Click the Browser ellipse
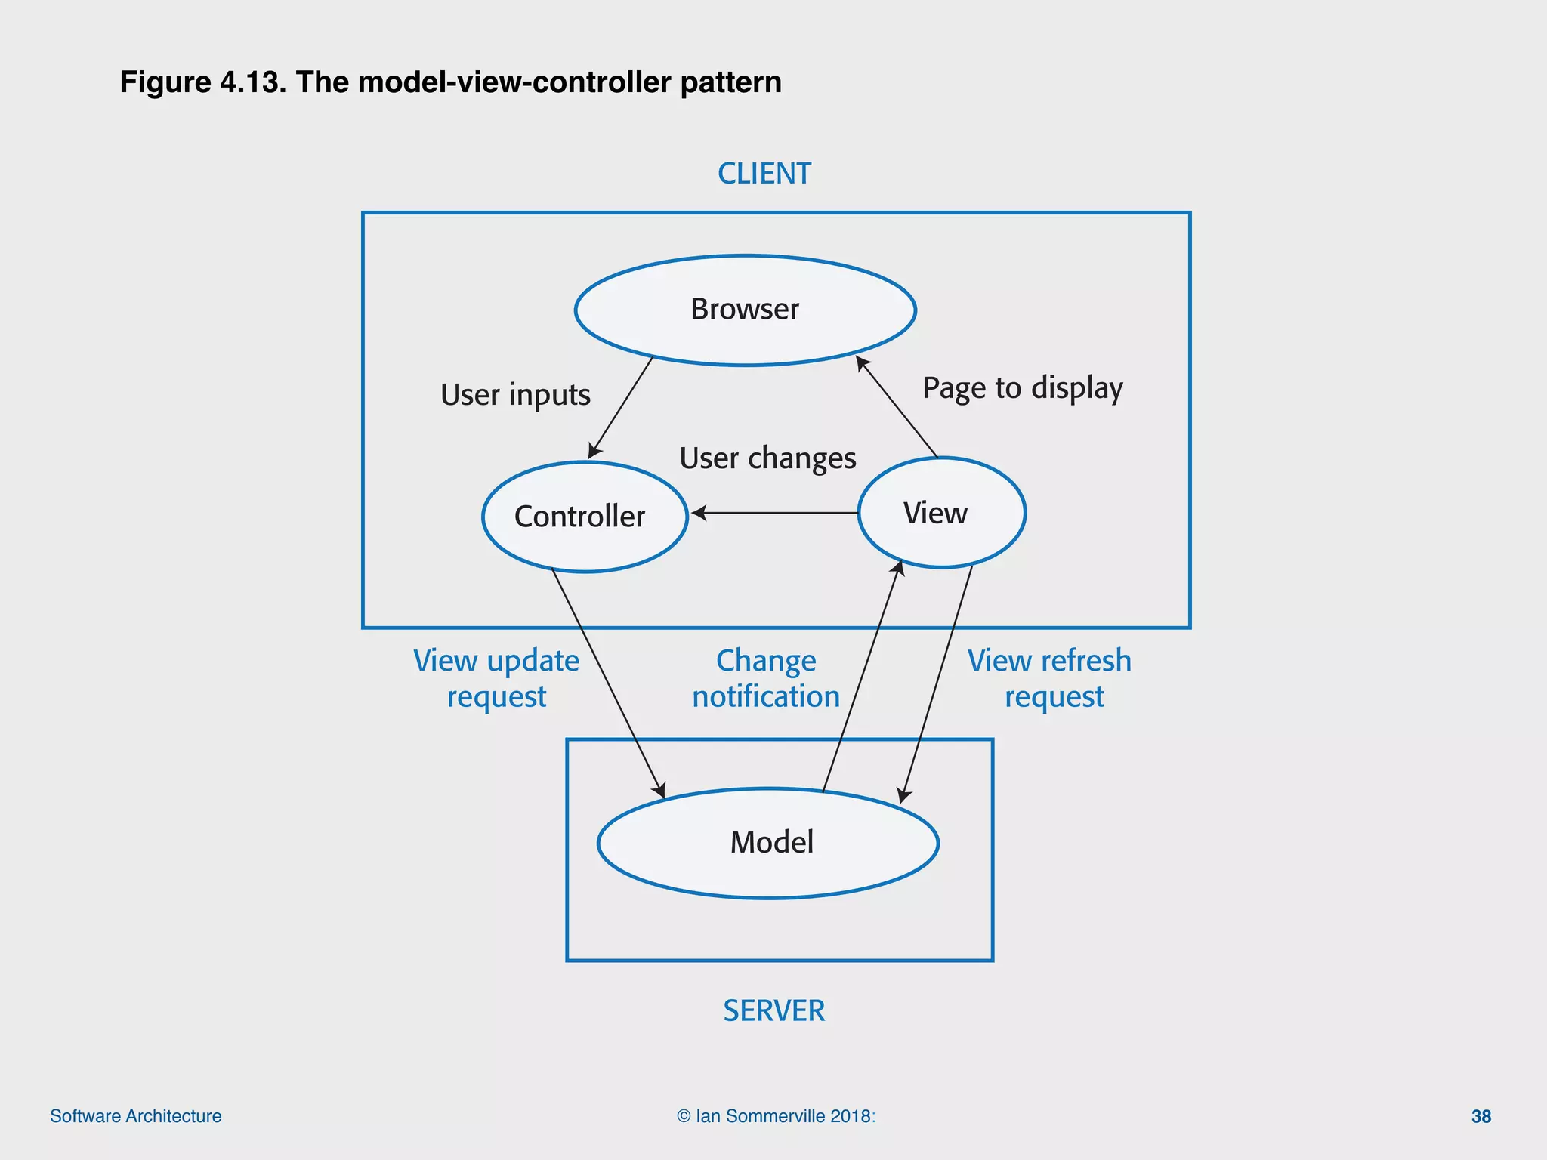(x=745, y=310)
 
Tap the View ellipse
(x=941, y=513)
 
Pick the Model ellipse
(x=767, y=843)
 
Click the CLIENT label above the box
(x=764, y=174)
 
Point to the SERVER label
(x=773, y=1010)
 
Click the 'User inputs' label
(x=515, y=395)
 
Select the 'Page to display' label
(x=1022, y=388)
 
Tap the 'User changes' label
(x=767, y=458)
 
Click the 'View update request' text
(x=496, y=678)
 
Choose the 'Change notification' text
(x=766, y=678)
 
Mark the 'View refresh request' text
(x=1050, y=678)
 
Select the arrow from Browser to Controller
(x=620, y=408)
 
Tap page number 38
(x=1481, y=1116)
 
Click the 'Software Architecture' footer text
(x=136, y=1116)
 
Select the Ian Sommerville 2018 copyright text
(x=776, y=1116)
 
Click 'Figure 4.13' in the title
(x=202, y=82)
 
